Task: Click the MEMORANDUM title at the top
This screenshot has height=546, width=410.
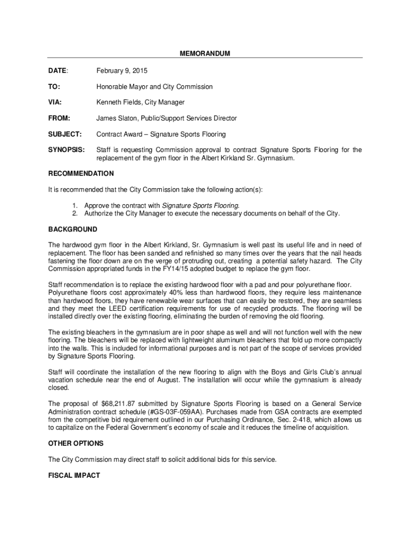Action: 205,54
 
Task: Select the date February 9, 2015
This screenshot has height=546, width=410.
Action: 122,71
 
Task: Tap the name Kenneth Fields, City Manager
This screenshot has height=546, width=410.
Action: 141,102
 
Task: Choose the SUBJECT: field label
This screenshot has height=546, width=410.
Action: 65,134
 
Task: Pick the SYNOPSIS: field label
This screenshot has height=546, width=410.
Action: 66,150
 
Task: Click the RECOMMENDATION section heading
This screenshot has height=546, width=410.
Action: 81,174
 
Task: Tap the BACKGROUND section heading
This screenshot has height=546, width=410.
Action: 72,230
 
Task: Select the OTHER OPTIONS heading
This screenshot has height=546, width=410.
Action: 76,444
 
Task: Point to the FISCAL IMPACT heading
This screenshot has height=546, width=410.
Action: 74,475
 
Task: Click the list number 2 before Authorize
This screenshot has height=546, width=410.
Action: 76,214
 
